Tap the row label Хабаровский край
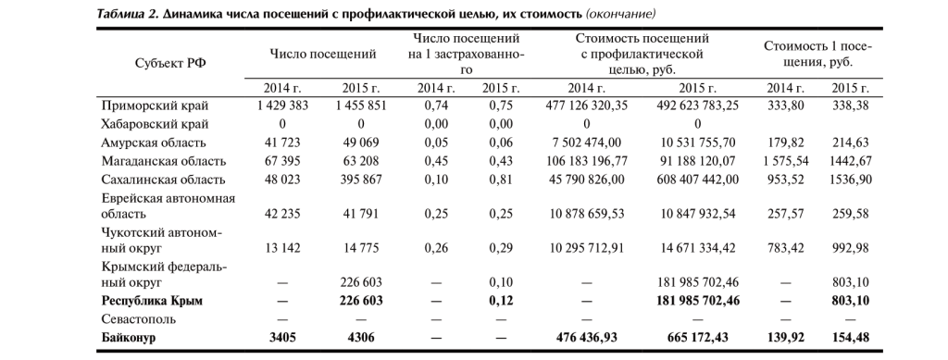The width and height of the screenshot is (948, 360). [155, 124]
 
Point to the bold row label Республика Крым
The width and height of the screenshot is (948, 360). [152, 302]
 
